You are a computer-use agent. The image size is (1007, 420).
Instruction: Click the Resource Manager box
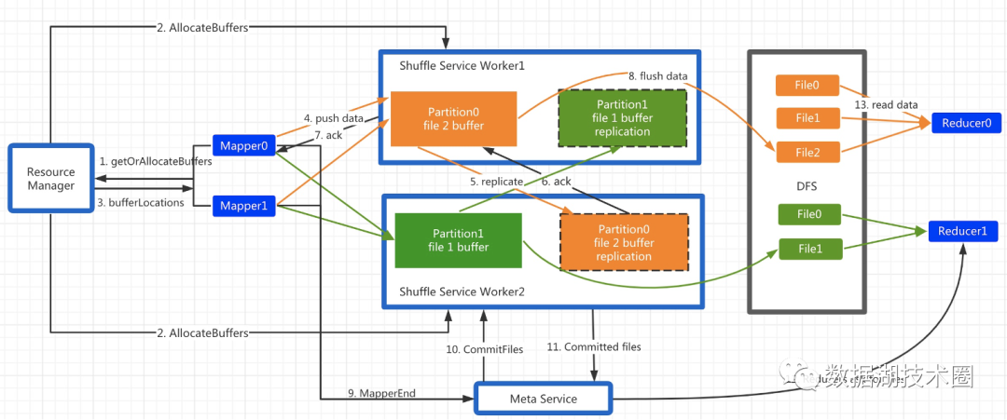(x=50, y=180)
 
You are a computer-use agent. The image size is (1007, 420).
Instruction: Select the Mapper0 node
(x=243, y=146)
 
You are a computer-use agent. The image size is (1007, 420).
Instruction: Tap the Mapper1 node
(x=243, y=205)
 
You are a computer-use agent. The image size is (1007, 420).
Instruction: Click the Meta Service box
(x=544, y=399)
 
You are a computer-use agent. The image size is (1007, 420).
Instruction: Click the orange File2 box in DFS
(x=808, y=153)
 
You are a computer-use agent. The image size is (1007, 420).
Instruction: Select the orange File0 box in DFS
(x=808, y=86)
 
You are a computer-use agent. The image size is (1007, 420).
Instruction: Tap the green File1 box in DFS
(x=810, y=249)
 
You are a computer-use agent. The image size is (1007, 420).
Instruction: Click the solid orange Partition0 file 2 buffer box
(x=453, y=118)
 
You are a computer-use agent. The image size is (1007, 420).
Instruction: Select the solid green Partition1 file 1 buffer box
(x=457, y=240)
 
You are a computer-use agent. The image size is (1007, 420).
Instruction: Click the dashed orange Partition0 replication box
(x=624, y=242)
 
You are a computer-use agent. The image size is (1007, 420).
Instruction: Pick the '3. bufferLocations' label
(x=142, y=202)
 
